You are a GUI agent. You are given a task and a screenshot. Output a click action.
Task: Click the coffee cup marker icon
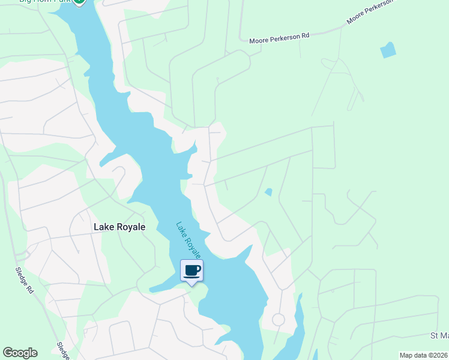point(192,270)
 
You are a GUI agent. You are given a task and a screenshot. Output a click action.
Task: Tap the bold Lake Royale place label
point(119,227)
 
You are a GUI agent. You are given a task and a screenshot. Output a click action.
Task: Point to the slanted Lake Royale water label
point(188,241)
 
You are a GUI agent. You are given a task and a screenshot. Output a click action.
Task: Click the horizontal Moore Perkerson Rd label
point(279,37)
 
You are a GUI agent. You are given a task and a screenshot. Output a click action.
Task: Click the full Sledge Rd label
point(26,279)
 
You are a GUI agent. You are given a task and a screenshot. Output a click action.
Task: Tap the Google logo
point(20,353)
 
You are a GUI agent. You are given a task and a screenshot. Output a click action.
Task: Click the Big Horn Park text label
point(45,2)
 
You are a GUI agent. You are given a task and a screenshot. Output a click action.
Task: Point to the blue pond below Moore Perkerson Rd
point(388,50)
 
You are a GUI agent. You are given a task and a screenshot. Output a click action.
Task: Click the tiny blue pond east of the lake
point(268,192)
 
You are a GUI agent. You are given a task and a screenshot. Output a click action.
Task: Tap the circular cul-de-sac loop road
point(279,320)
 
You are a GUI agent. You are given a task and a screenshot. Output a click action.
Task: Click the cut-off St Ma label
point(439,335)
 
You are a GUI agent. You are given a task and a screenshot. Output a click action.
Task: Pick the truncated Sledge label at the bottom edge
point(62,351)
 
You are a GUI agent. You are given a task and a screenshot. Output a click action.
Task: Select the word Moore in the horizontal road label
point(259,39)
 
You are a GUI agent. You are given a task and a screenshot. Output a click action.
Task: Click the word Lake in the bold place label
point(103,227)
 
